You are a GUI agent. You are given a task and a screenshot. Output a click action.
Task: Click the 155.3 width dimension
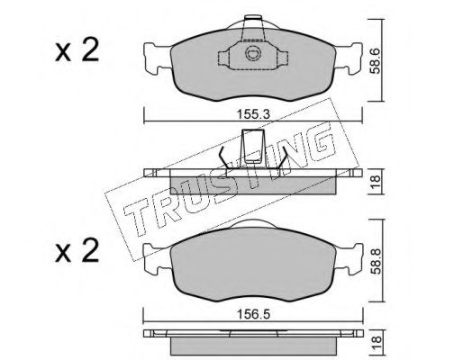coord(253,114)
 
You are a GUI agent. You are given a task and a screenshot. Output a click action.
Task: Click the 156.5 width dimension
coord(253,314)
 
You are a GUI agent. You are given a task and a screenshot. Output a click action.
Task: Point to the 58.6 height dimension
coord(375,61)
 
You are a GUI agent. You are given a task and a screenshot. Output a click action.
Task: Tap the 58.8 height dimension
coord(375,261)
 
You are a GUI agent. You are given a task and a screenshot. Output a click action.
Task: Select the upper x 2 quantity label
coord(77,49)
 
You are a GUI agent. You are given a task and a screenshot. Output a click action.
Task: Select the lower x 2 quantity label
coord(77,250)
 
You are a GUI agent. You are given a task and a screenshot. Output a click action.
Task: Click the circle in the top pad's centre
coord(251,53)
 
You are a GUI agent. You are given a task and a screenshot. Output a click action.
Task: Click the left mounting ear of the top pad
coord(157,58)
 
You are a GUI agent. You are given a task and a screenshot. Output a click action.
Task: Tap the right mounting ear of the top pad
coord(349,58)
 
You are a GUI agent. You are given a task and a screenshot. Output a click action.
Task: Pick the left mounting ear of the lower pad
coord(157,258)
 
